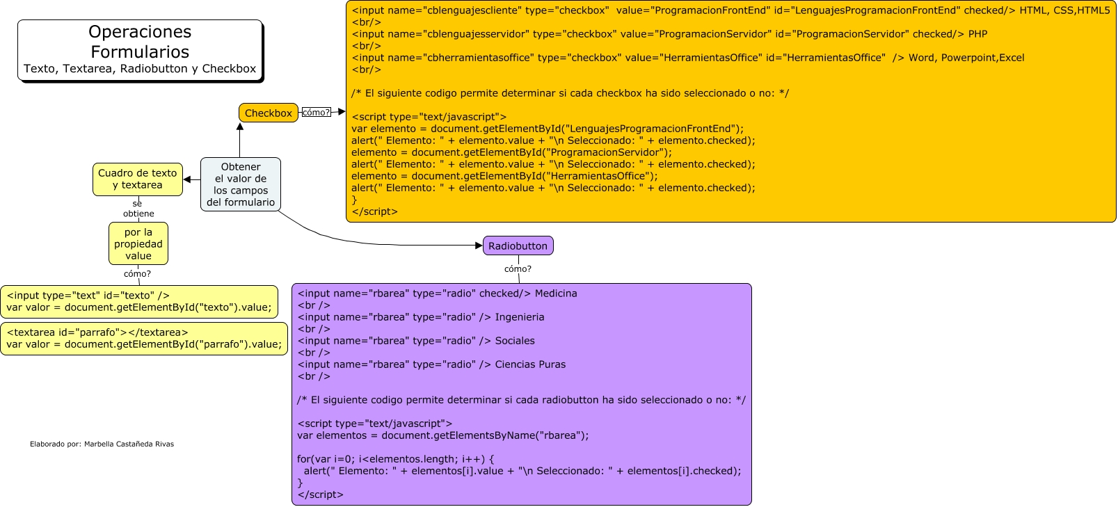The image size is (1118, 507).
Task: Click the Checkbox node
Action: [268, 113]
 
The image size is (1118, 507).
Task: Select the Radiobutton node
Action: [518, 246]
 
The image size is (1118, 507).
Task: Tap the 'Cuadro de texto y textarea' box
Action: [138, 179]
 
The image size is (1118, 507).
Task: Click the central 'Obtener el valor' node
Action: [241, 184]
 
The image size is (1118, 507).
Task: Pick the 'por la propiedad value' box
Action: [138, 243]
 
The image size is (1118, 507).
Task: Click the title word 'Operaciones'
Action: [140, 32]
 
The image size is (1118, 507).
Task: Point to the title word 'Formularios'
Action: [140, 52]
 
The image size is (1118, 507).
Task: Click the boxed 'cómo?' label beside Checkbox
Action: [316, 112]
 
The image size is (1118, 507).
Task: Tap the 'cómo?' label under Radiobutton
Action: [518, 268]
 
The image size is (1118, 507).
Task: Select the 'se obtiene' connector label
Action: [138, 209]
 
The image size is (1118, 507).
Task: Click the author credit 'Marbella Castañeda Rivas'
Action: [129, 444]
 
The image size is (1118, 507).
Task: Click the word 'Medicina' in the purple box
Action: [556, 293]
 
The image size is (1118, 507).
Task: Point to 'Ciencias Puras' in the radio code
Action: [530, 364]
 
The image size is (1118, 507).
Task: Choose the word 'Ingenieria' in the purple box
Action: [520, 317]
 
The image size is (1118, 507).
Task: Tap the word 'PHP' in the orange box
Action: [977, 34]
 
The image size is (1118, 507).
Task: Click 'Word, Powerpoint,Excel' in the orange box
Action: [966, 58]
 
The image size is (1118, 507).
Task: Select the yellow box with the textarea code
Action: [144, 338]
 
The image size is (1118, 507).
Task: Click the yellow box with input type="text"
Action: [139, 301]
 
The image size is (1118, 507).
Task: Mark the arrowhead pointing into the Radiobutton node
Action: [479, 246]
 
